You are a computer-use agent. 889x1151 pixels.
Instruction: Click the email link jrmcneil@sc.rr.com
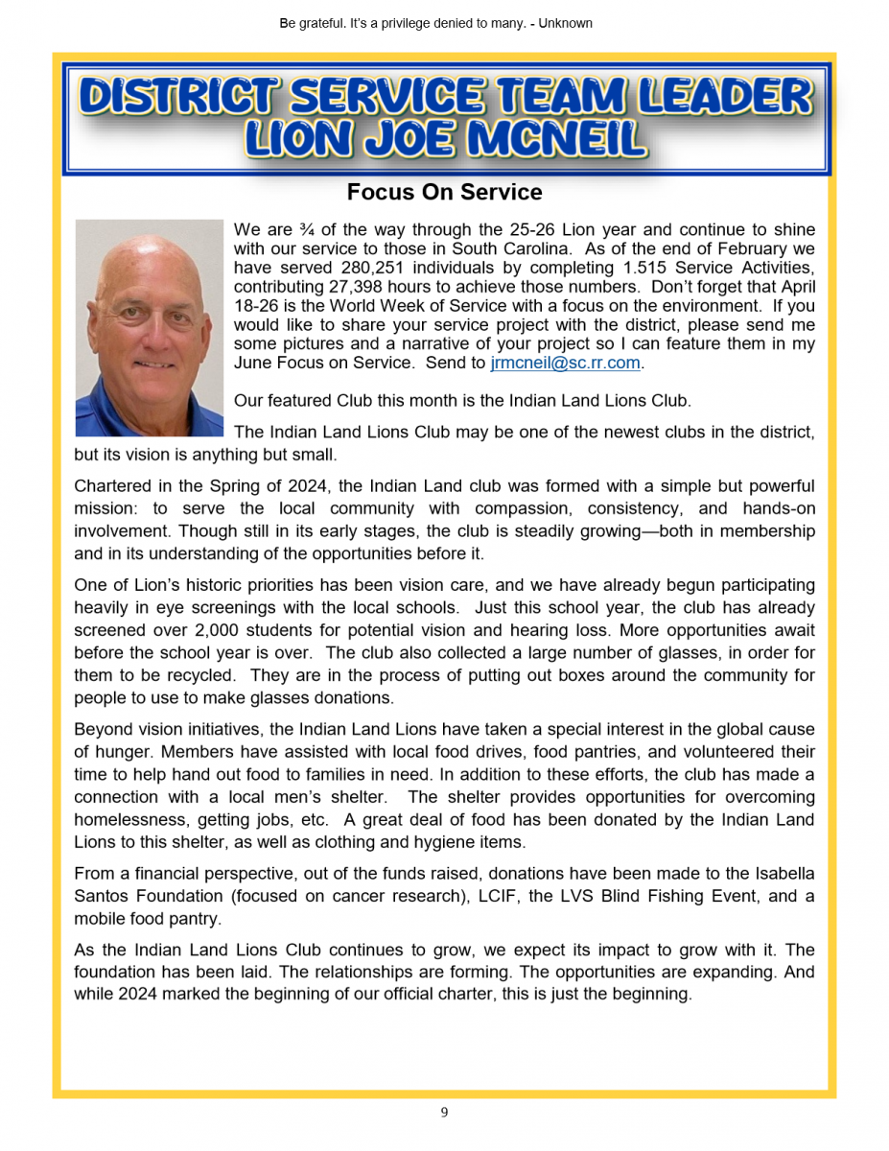click(565, 364)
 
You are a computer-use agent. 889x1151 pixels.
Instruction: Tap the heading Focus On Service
click(444, 192)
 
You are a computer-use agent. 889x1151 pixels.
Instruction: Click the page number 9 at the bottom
click(444, 1113)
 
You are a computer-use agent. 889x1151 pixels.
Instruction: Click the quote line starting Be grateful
click(436, 23)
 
